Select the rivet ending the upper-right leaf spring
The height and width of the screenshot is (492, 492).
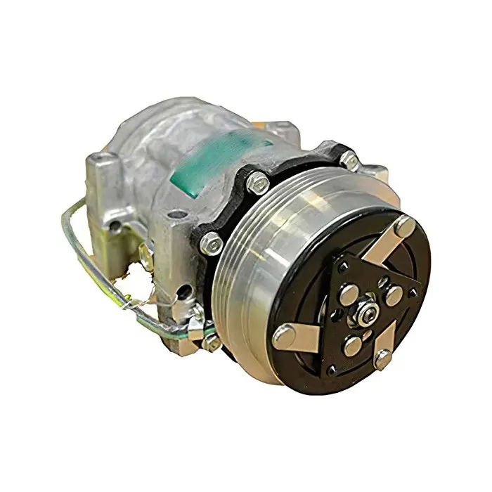click(x=403, y=226)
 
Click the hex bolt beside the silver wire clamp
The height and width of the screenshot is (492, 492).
click(x=212, y=342)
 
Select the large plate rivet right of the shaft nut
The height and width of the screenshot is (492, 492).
click(x=394, y=295)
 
